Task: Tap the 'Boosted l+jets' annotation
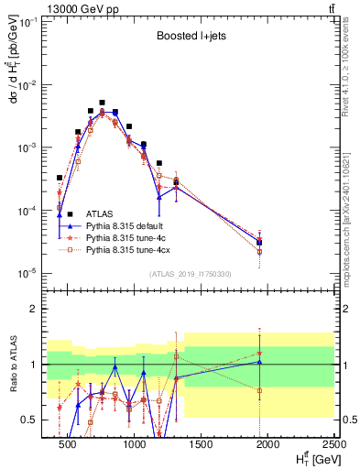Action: coord(189,38)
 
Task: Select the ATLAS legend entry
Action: coord(100,213)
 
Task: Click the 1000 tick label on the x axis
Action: coord(135,445)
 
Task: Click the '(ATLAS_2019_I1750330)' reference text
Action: coord(191,273)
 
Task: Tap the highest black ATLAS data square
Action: coord(102,103)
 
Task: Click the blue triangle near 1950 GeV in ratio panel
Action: coord(260,362)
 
